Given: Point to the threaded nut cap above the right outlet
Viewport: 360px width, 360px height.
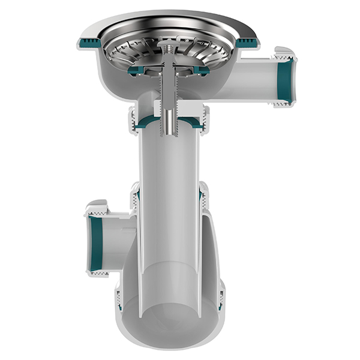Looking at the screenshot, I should tap(284, 52).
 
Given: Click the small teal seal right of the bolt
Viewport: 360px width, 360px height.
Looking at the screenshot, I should tap(200, 70).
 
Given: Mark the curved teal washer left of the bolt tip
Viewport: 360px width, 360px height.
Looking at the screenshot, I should tap(148, 124).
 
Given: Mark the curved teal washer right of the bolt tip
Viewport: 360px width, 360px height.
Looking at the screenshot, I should tap(192, 124).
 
